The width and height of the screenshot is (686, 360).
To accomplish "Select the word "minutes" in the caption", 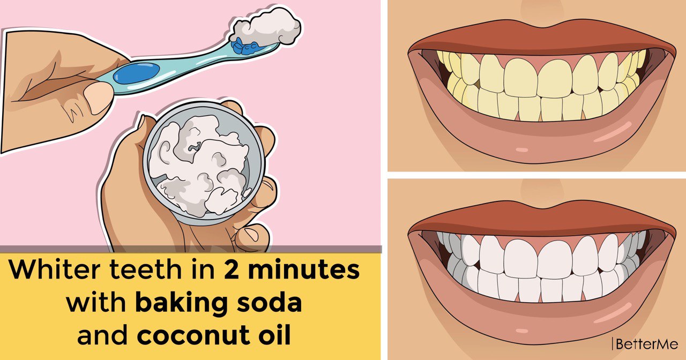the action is (x=304, y=269).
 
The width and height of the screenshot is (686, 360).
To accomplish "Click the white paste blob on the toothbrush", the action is (x=265, y=28).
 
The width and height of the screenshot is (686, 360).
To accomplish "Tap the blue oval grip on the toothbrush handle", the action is (x=136, y=73).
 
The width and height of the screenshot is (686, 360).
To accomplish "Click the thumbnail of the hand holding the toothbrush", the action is (x=98, y=97).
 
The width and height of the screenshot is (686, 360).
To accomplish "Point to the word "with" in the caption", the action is (x=96, y=303).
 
